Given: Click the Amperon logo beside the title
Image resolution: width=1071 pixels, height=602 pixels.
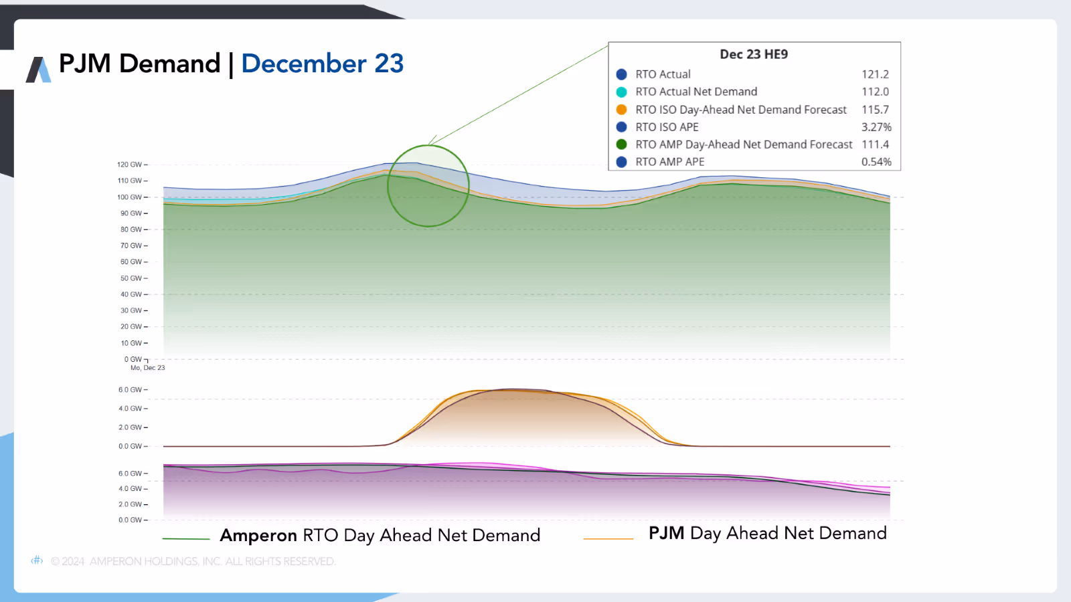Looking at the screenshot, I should click(38, 70).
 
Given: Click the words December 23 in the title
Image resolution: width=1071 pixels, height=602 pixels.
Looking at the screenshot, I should click(322, 64).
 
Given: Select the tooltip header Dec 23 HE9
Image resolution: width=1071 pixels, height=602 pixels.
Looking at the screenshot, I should click(754, 54).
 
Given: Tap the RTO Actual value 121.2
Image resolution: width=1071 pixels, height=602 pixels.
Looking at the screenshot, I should click(875, 74).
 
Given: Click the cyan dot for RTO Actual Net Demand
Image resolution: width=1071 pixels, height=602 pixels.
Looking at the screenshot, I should click(621, 92).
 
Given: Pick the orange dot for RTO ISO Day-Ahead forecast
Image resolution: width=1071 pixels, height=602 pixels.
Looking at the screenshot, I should click(621, 110).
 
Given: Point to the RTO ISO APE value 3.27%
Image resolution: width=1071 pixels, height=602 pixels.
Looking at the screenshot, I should click(876, 127).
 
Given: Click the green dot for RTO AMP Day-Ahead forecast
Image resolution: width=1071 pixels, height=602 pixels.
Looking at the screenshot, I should click(621, 144).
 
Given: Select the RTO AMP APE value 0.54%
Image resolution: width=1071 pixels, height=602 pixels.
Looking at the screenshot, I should click(876, 162).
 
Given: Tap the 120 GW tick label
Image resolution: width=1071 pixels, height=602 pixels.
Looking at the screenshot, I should click(130, 165).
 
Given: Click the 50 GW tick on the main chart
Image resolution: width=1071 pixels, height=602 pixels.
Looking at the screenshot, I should click(131, 278).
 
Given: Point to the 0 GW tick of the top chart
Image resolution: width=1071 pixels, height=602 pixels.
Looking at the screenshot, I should click(133, 359).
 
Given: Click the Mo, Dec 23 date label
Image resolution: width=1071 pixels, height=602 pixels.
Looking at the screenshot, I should click(147, 368).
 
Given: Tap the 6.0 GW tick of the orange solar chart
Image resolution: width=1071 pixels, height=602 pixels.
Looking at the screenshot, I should click(131, 390).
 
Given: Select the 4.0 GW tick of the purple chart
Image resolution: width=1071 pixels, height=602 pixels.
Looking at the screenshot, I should click(131, 489).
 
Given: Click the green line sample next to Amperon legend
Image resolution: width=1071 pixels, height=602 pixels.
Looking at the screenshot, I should click(186, 538).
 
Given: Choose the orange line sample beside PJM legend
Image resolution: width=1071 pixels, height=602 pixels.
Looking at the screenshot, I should click(608, 538).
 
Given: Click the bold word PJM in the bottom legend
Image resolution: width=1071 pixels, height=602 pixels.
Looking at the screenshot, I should click(666, 533).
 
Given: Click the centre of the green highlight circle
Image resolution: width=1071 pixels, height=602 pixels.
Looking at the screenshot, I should click(428, 186).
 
